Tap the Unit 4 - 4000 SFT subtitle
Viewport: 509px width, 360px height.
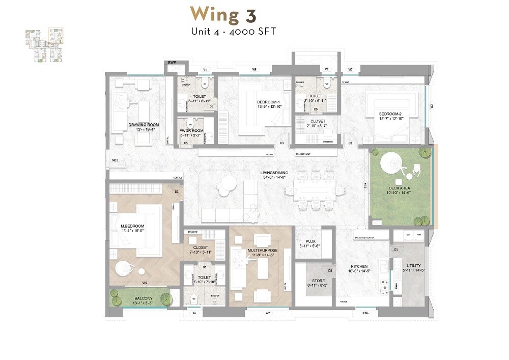pyautogui.click(x=233, y=32)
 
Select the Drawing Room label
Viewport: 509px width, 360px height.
pyautogui.click(x=144, y=125)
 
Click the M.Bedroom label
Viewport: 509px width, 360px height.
pyautogui.click(x=132, y=226)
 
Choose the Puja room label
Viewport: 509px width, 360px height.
pyautogui.click(x=312, y=242)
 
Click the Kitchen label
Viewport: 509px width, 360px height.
pyautogui.click(x=359, y=266)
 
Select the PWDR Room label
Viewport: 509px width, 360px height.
pyautogui.click(x=191, y=131)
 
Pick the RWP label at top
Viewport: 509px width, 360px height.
pyautogui.click(x=172, y=63)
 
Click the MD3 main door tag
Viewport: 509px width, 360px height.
pyautogui.click(x=115, y=161)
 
